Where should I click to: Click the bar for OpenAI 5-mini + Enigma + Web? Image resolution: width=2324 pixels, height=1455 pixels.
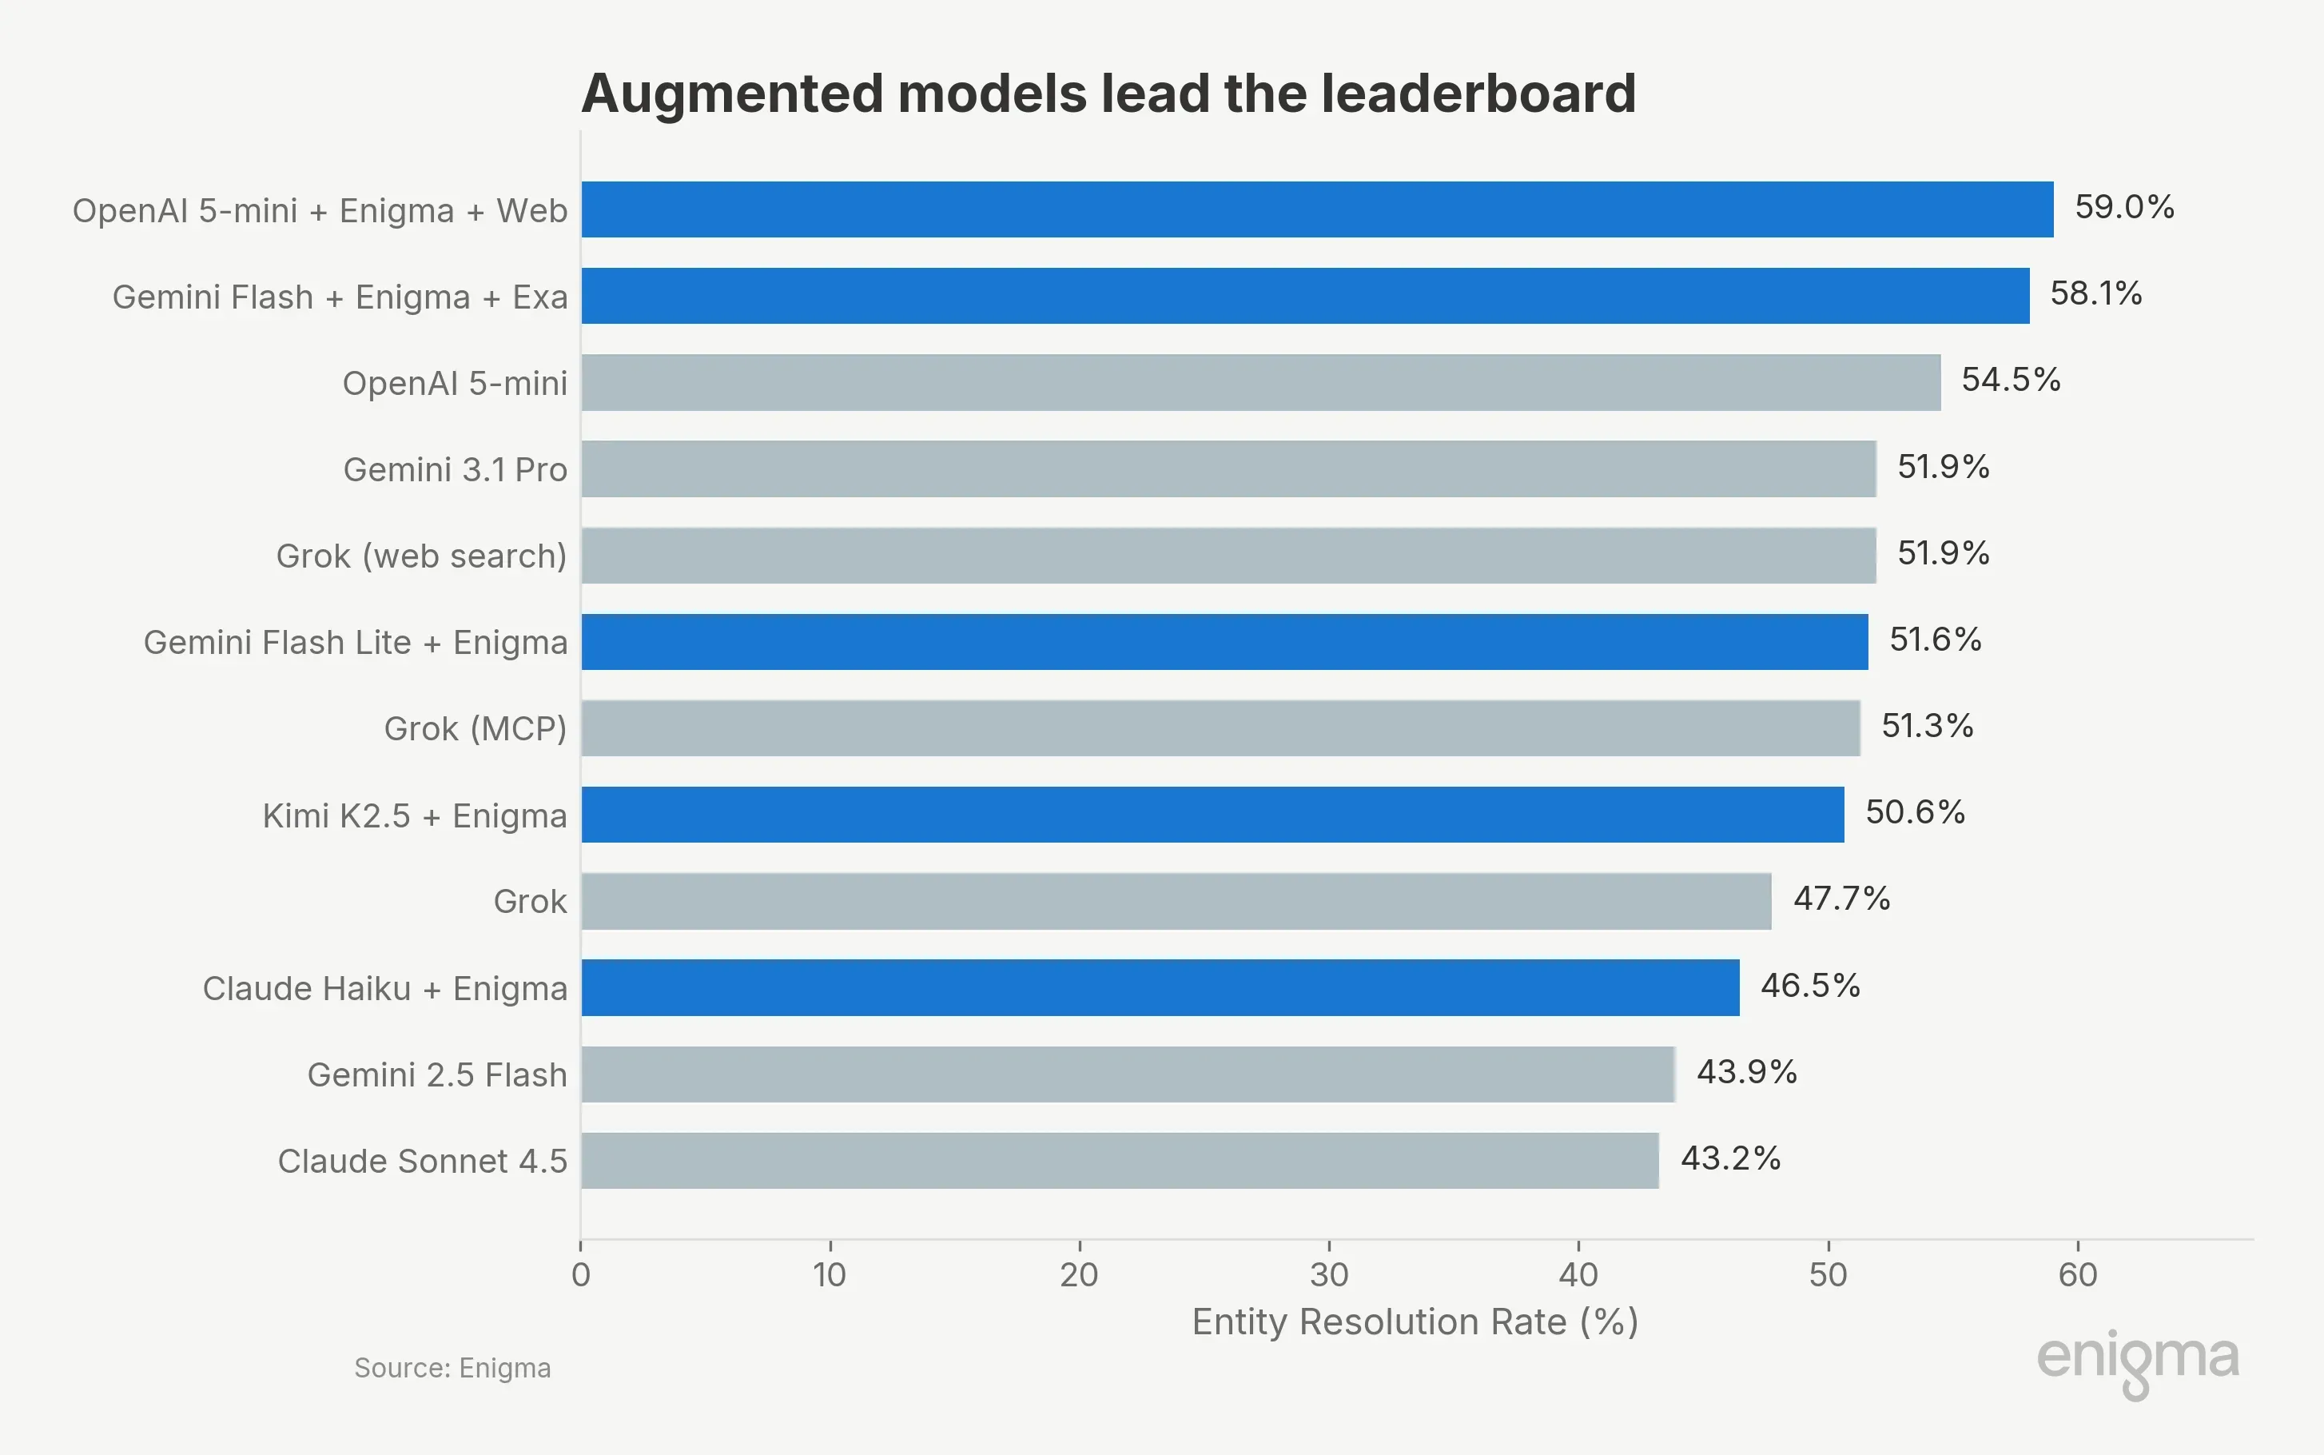pyautogui.click(x=1316, y=209)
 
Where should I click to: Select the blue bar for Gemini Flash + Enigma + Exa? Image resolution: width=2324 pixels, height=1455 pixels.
pyautogui.click(x=1304, y=296)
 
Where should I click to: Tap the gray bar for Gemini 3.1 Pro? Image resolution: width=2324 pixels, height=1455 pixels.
pyautogui.click(x=1228, y=468)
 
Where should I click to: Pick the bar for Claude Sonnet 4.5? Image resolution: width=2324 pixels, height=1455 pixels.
pyautogui.click(x=1119, y=1161)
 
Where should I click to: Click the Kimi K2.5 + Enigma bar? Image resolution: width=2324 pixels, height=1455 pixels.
pyautogui.click(x=1212, y=814)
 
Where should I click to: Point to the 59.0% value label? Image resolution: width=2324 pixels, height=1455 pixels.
pyautogui.click(x=2124, y=207)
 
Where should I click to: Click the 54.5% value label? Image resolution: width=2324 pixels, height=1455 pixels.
pyautogui.click(x=2011, y=379)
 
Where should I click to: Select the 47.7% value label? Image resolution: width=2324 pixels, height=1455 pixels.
pyautogui.click(x=1841, y=898)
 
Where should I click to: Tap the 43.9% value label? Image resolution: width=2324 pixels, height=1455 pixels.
pyautogui.click(x=1746, y=1071)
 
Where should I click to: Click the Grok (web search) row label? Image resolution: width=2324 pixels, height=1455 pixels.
pyautogui.click(x=421, y=556)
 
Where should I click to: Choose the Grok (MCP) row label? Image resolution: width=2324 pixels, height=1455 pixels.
pyautogui.click(x=476, y=728)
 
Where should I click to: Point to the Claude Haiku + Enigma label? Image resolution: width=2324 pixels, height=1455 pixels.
pyautogui.click(x=384, y=988)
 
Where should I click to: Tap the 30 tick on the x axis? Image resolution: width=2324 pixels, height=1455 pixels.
pyautogui.click(x=1328, y=1274)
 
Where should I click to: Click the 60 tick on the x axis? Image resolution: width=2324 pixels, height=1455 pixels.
pyautogui.click(x=2077, y=1274)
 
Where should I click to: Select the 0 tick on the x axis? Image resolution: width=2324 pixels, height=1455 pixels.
pyautogui.click(x=580, y=1274)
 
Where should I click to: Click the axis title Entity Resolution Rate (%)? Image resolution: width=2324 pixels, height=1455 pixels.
pyautogui.click(x=1415, y=1322)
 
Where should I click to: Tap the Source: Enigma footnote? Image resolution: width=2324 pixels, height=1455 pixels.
pyautogui.click(x=452, y=1367)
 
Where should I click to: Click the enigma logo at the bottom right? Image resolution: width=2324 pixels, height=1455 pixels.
pyautogui.click(x=2137, y=1361)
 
